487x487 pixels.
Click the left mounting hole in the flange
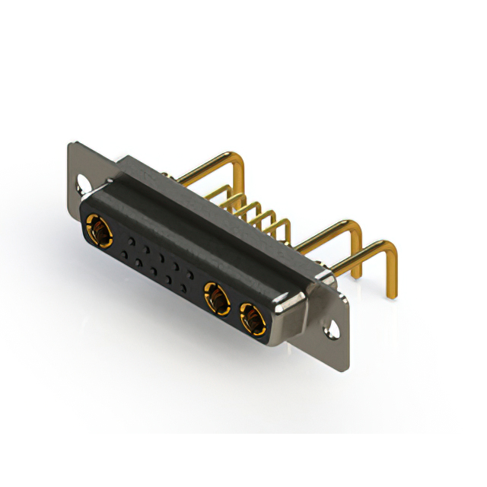pyautogui.click(x=80, y=183)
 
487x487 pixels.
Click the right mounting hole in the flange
pyautogui.click(x=333, y=330)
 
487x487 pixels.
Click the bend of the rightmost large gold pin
pyautogui.click(x=390, y=250)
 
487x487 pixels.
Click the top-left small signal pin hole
pyautogui.click(x=130, y=239)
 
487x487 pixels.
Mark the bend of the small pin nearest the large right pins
pyautogui.click(x=286, y=224)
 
